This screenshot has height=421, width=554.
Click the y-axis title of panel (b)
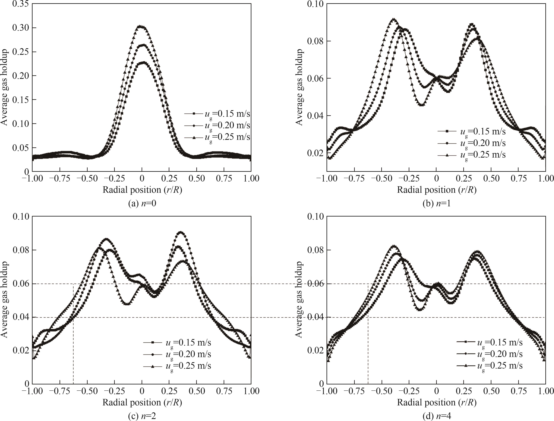(299, 87)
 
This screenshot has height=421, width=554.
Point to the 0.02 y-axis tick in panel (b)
(316, 153)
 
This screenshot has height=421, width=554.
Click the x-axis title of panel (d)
(436, 402)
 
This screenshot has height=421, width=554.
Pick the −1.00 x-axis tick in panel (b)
(327, 178)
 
